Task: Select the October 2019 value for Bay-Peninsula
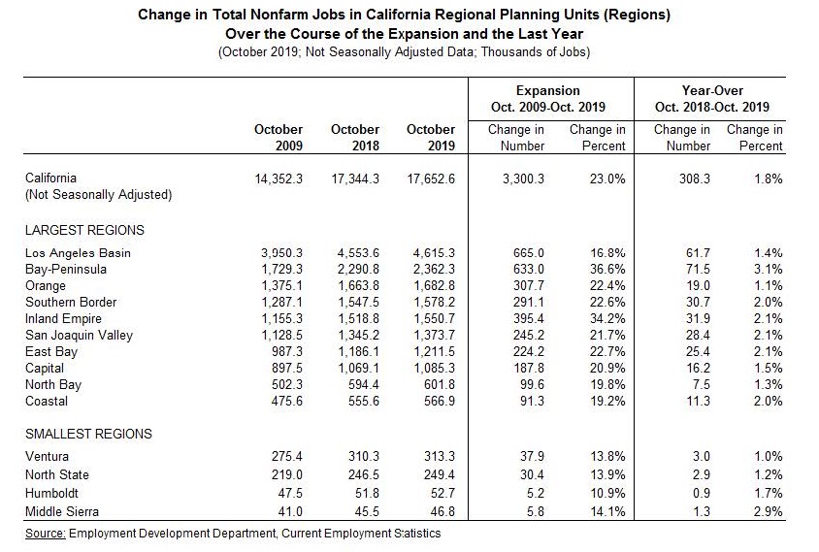430,270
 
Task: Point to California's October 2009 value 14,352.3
278,179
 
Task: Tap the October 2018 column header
354,137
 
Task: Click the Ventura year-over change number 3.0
701,456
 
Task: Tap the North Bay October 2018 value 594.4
362,383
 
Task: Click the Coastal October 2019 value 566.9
436,400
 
